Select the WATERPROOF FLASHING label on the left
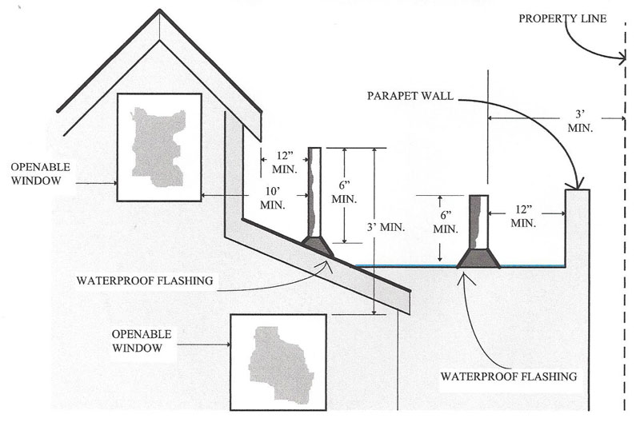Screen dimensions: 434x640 [140, 281]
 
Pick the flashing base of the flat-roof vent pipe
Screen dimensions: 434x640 [478, 257]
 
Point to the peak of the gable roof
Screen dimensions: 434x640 [161, 11]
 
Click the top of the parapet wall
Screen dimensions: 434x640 [577, 190]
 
